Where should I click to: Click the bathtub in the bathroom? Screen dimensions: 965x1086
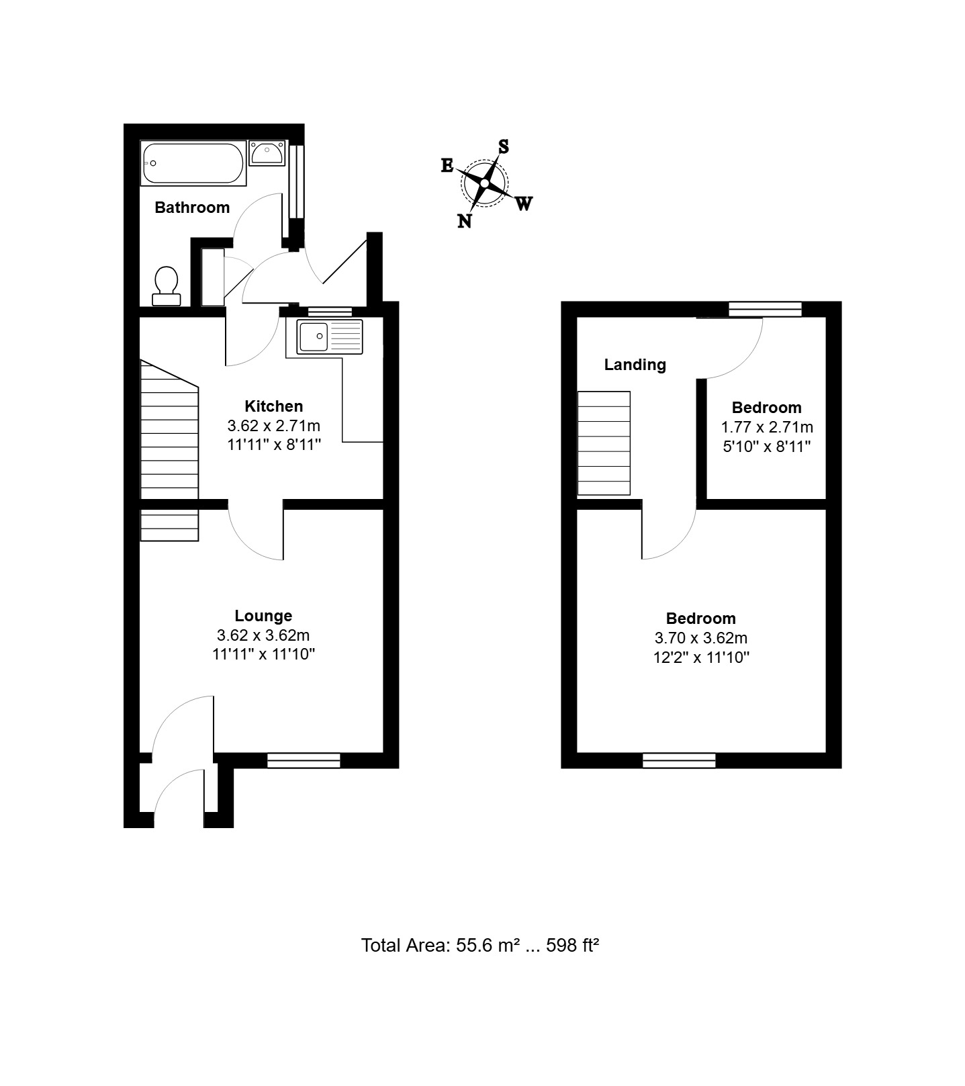(193, 163)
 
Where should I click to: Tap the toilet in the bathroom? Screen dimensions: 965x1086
(167, 285)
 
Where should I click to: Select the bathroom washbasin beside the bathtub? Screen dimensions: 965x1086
(267, 153)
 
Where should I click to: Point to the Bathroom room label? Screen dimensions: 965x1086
(192, 208)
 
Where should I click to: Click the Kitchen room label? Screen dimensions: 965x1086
(274, 406)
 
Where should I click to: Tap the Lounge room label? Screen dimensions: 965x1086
(263, 616)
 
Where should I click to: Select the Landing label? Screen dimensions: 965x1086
(635, 365)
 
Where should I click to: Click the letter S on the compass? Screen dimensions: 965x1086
(503, 146)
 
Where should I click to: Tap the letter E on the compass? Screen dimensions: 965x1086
(447, 165)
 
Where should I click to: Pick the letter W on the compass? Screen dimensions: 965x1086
(524, 203)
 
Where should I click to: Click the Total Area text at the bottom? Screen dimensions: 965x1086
(480, 946)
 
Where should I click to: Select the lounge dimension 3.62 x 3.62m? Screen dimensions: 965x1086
(263, 635)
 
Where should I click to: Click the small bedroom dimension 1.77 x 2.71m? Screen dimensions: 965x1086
(767, 427)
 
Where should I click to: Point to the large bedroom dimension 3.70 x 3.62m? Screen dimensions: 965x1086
(701, 638)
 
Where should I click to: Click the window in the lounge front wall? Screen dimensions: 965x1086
(304, 760)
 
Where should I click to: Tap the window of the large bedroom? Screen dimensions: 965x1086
(679, 760)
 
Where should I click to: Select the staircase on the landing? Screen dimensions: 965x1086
(604, 443)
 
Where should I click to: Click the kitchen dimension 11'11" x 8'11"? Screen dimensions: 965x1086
(274, 445)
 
